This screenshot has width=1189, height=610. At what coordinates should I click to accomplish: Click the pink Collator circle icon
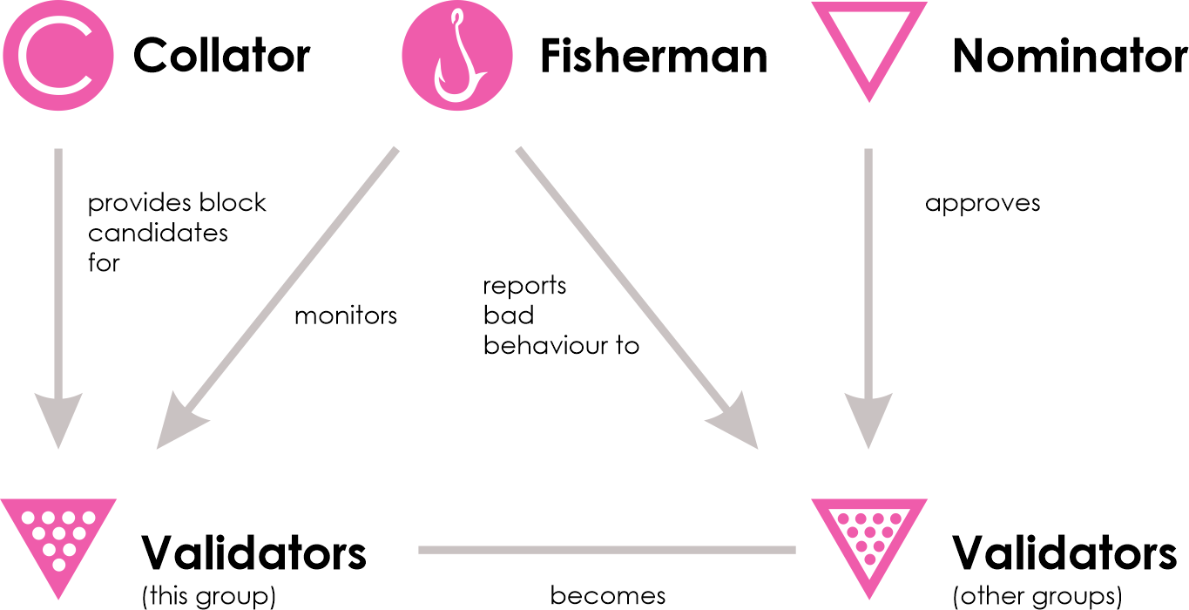(57, 56)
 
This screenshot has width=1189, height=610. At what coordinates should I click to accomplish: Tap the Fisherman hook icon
(457, 56)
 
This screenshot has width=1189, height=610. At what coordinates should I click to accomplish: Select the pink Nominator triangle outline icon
(868, 48)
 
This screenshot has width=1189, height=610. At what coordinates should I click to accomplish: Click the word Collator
(221, 57)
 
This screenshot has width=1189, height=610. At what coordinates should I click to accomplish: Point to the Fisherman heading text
(653, 57)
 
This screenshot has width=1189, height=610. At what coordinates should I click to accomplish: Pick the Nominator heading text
(1070, 57)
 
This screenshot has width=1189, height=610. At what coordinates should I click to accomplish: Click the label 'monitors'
(345, 315)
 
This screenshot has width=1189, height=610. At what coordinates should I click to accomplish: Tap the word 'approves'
(983, 204)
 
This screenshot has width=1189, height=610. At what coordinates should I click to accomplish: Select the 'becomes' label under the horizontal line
(607, 596)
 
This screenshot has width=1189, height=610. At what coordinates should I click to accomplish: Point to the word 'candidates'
(158, 233)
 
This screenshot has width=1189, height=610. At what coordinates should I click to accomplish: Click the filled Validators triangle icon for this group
(57, 532)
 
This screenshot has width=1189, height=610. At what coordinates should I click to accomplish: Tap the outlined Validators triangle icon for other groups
(868, 532)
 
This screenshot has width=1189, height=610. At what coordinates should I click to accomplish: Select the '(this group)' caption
(208, 596)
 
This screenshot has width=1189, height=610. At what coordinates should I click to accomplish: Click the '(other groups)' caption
(1037, 596)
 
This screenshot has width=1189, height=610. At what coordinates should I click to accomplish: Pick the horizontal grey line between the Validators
(607, 550)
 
